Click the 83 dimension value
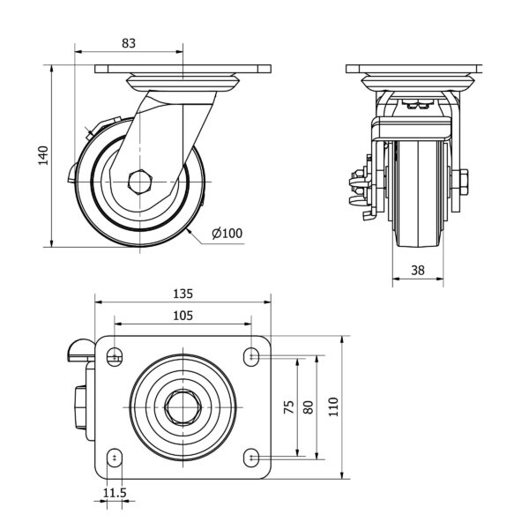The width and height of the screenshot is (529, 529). [x=129, y=42]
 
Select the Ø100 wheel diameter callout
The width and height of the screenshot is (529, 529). [x=227, y=233]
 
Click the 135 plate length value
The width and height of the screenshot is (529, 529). [x=182, y=293]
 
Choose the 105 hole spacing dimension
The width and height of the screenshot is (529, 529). [x=182, y=316]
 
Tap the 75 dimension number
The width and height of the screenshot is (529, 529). [x=288, y=406]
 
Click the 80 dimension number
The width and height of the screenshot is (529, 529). [x=308, y=406]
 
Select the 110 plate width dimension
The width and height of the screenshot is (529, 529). [x=333, y=406]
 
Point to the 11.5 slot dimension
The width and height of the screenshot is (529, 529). [x=115, y=492]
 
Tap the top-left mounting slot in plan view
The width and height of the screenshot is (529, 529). [x=115, y=356]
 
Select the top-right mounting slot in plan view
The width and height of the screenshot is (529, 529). [x=252, y=356]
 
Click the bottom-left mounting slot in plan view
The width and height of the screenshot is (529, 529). [x=115, y=458]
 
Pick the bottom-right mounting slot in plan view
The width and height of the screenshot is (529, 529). [x=252, y=458]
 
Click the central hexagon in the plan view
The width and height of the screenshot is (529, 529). [x=183, y=406]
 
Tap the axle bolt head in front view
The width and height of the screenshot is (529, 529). [x=462, y=183]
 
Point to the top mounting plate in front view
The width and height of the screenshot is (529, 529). [x=413, y=69]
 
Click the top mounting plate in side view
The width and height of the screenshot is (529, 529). [x=182, y=69]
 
